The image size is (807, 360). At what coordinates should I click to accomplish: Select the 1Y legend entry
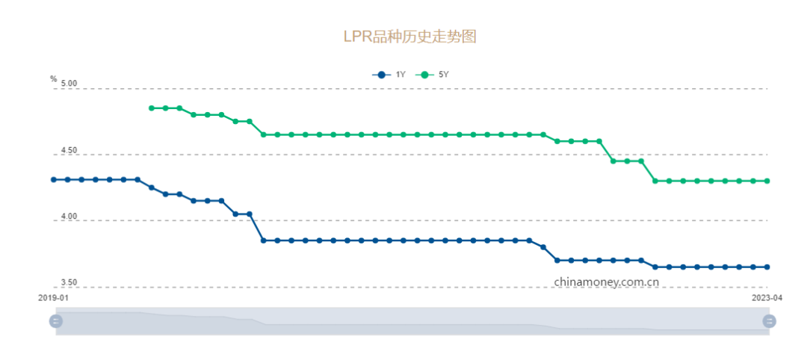tap(389, 75)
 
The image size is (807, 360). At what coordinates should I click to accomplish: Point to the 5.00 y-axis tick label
tap(69, 84)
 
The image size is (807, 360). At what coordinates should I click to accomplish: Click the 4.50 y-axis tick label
tap(69, 151)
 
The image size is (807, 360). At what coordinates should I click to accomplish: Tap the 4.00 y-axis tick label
tap(69, 217)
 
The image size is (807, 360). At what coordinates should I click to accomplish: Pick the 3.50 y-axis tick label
tap(69, 283)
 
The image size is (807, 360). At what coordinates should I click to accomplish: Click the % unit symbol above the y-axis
tap(54, 78)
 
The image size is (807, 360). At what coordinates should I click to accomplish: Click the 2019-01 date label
tap(54, 297)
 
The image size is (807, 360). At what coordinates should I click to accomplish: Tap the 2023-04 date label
tap(766, 297)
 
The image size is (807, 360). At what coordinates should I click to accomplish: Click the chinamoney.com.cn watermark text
tap(607, 282)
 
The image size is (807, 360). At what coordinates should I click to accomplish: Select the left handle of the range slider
tap(56, 321)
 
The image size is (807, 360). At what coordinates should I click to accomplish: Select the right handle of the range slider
tap(769, 321)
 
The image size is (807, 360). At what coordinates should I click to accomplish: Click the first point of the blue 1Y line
tap(54, 179)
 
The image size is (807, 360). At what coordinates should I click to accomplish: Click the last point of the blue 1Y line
tap(767, 267)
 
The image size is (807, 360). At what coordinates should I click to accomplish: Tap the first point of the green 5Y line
tap(152, 108)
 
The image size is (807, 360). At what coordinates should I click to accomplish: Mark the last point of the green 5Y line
tap(767, 181)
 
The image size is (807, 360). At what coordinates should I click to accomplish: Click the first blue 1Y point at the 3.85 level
tap(263, 240)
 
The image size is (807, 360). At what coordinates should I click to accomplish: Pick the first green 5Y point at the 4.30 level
tap(655, 181)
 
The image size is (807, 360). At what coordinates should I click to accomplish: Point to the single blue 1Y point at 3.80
tap(543, 247)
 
